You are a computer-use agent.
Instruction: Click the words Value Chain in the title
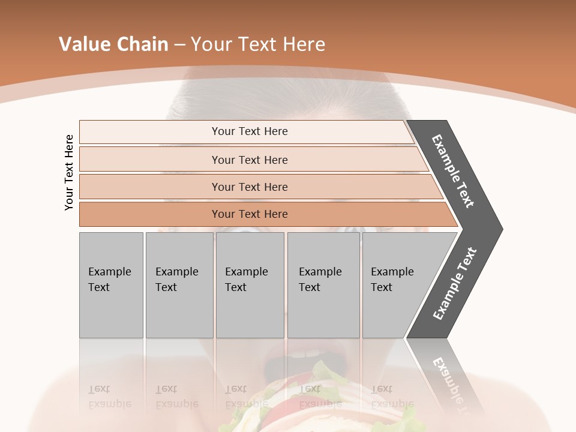pos(113,44)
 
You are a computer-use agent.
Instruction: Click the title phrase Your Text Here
pos(258,44)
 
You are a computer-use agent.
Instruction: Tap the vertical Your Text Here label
pos(69,173)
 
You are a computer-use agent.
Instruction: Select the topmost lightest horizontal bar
pos(249,131)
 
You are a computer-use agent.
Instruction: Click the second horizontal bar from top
pos(249,160)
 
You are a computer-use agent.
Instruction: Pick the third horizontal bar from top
pos(249,187)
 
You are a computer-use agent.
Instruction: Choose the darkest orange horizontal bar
pos(249,214)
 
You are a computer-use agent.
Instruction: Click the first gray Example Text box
pos(111,285)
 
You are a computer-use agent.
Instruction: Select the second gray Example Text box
pos(179,285)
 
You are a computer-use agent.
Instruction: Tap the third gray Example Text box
pos(249,285)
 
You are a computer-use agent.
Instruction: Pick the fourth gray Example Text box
pos(323,285)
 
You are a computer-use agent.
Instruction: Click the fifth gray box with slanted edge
pos(396,285)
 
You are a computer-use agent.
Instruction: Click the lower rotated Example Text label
pos(454,284)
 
